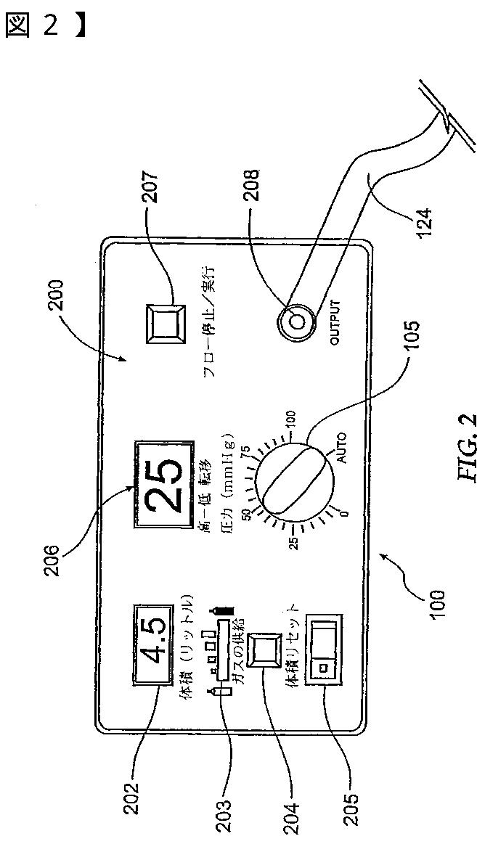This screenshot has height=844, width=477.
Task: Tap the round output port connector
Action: click(297, 320)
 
